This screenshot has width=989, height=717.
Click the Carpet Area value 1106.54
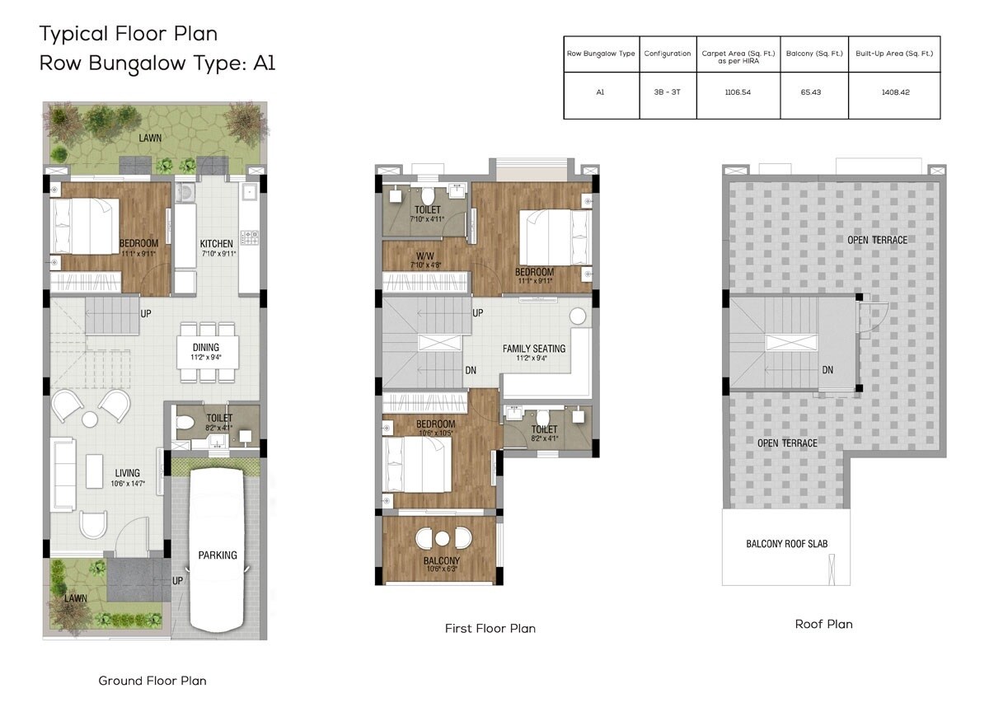click(x=738, y=93)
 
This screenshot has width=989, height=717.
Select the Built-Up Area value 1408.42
click(x=894, y=93)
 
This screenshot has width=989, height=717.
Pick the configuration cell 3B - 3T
click(x=667, y=93)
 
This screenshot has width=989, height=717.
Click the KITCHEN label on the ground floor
click(x=217, y=244)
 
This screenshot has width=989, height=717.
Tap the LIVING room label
click(x=128, y=473)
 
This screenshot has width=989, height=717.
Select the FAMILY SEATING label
click(x=534, y=349)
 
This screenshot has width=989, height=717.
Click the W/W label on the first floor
click(x=426, y=255)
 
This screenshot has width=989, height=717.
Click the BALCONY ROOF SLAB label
click(x=786, y=544)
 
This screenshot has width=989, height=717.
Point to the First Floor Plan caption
click(x=490, y=629)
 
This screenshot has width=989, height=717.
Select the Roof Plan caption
click(x=823, y=625)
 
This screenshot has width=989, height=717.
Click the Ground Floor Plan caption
click(x=152, y=681)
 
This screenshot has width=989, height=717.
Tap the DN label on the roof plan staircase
click(x=827, y=370)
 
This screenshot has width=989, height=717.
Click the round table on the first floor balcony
click(x=443, y=539)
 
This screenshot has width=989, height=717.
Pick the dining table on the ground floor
click(x=209, y=353)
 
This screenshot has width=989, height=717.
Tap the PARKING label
click(x=218, y=555)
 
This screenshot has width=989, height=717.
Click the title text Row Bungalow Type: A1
click(x=157, y=63)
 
